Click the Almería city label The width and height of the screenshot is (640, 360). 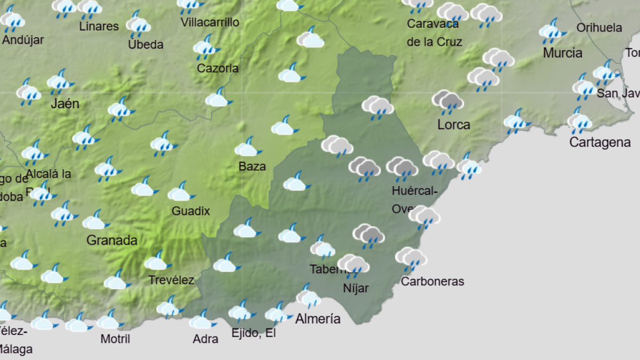coord(318,319)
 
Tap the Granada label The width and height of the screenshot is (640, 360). coord(111,241)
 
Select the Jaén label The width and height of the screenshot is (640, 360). coord(65,103)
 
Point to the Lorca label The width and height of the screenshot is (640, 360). coord(453,125)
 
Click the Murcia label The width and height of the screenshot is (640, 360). coord(563,53)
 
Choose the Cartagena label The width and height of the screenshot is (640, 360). coord(600,142)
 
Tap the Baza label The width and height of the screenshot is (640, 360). coord(252,166)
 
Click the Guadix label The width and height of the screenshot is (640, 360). coord(190,211)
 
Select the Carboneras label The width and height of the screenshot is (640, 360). coord(433,282)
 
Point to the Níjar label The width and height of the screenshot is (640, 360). coord(356,289)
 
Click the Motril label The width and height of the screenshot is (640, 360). coord(115,339)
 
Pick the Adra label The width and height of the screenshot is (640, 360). coord(205,339)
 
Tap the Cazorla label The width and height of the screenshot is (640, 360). coord(218,68)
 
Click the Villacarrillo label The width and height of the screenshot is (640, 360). coord(210,22)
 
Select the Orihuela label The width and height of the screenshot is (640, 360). coord(599,28)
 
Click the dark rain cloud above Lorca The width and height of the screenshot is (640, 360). coord(447,101)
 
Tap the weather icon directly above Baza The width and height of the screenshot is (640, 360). coord(247,147)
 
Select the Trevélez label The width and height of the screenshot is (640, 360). coord(171,280)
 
